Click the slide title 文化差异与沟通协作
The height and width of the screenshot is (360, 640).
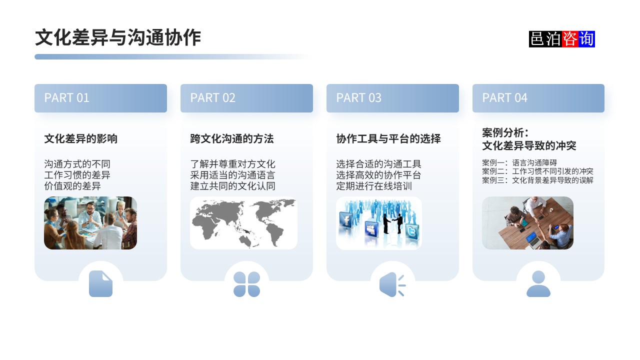(x=118, y=38)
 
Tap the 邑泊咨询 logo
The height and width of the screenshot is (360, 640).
(x=561, y=39)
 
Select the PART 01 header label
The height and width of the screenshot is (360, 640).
(x=66, y=98)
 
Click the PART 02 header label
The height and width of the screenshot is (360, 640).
(x=212, y=98)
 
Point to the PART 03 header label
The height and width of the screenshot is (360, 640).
(x=358, y=98)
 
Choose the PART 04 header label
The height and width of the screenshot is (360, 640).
(x=504, y=98)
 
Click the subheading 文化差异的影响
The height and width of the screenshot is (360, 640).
(x=81, y=138)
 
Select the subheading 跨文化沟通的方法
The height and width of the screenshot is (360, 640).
(x=232, y=138)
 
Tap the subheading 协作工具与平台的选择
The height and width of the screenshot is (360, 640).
(x=388, y=138)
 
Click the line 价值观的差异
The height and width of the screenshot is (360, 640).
(x=72, y=186)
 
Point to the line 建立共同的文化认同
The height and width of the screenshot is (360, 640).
(x=232, y=186)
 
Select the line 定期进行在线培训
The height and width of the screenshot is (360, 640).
(x=374, y=186)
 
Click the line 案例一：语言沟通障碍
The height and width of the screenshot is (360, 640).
(x=519, y=163)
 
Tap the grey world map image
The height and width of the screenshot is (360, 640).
(x=243, y=223)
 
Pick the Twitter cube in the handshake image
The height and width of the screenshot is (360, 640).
(x=411, y=232)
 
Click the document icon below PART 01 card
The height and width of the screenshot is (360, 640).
(x=100, y=284)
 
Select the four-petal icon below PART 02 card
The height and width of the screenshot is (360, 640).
(x=246, y=284)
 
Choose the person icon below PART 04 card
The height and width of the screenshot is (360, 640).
(x=538, y=284)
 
